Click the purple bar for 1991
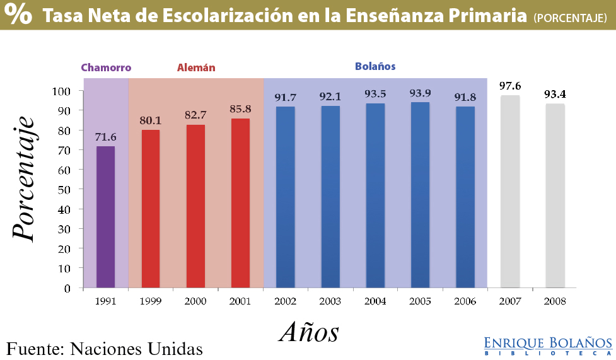105,217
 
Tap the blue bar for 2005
420,195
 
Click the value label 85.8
241,108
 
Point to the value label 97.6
509,86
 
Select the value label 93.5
375,93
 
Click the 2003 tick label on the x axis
330,301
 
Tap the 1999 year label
151,301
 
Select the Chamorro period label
106,67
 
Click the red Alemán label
196,67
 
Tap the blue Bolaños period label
375,66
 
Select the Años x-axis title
309,332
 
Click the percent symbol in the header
20,15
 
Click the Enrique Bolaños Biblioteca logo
547,345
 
